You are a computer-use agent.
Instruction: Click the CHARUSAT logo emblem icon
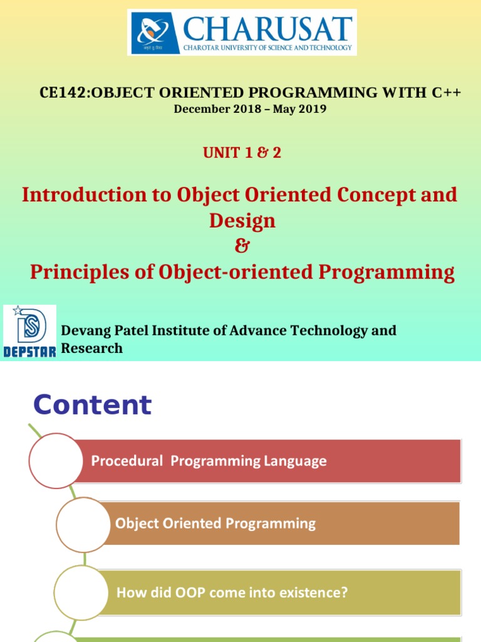pos(153,32)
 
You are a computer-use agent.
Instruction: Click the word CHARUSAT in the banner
pos(267,29)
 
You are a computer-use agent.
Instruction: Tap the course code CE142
pos(61,93)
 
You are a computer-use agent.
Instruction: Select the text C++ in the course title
pos(447,93)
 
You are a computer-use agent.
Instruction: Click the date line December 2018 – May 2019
pos(250,109)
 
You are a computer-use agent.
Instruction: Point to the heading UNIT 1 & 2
pos(242,152)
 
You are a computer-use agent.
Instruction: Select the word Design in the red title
pos(242,221)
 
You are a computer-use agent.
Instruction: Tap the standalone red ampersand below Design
pos(242,246)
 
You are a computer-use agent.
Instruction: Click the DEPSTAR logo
pos(29,332)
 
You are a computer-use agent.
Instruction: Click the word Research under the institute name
pos(91,349)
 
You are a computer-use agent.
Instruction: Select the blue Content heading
pos(92,405)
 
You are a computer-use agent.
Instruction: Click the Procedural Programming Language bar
pos(269,461)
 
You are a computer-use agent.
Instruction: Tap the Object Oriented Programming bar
pos(282,524)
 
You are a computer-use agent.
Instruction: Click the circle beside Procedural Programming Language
pos(56,461)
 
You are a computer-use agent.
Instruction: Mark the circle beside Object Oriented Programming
pos(83,524)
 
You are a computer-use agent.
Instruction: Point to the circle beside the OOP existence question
pos(80,592)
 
